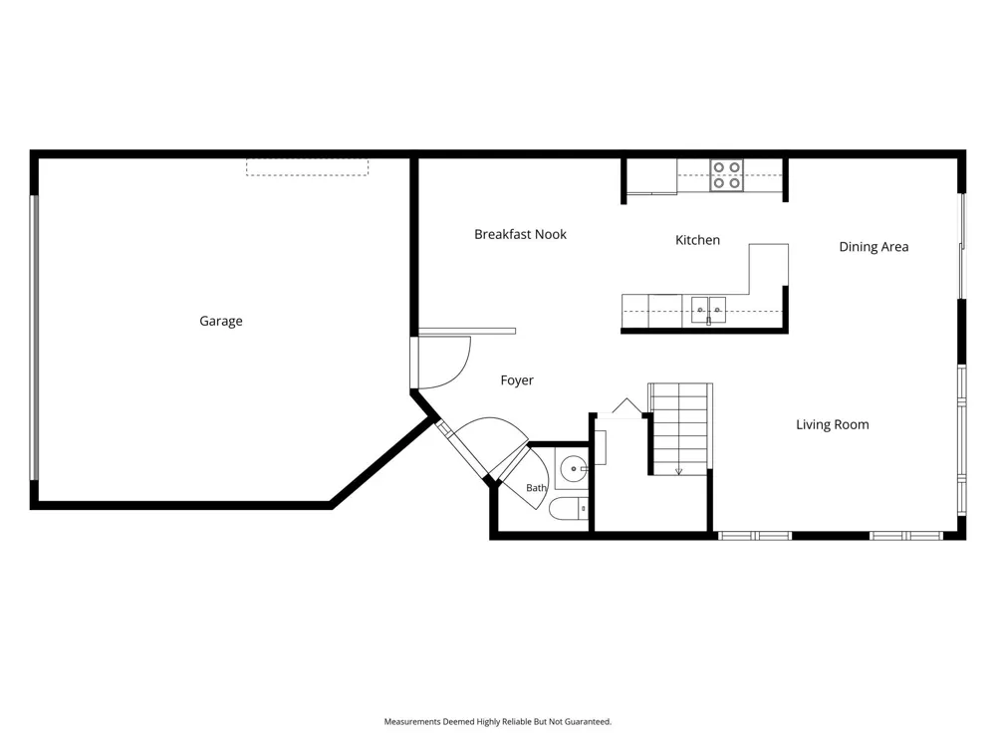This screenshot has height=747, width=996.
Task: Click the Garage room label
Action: click(x=221, y=322)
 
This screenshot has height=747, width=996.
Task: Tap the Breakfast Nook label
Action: click(x=520, y=234)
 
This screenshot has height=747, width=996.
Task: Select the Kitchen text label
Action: click(x=697, y=240)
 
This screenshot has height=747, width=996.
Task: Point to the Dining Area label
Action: click(x=873, y=247)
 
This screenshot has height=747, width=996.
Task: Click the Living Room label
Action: click(x=832, y=425)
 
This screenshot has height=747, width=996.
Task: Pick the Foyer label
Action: click(x=517, y=380)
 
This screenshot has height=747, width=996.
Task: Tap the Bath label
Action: click(x=536, y=488)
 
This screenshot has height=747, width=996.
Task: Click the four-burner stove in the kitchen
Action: click(x=727, y=175)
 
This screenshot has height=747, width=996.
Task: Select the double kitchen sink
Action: click(x=708, y=311)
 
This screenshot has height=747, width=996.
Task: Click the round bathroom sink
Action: click(x=575, y=469)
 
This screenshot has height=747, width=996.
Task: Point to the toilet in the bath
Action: click(x=569, y=509)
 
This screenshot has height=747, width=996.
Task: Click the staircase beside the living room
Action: click(x=679, y=428)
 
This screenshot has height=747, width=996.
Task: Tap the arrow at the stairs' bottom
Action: click(x=678, y=471)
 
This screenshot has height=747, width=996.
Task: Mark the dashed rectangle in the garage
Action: click(x=308, y=167)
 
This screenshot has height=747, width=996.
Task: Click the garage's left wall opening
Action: click(x=34, y=338)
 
